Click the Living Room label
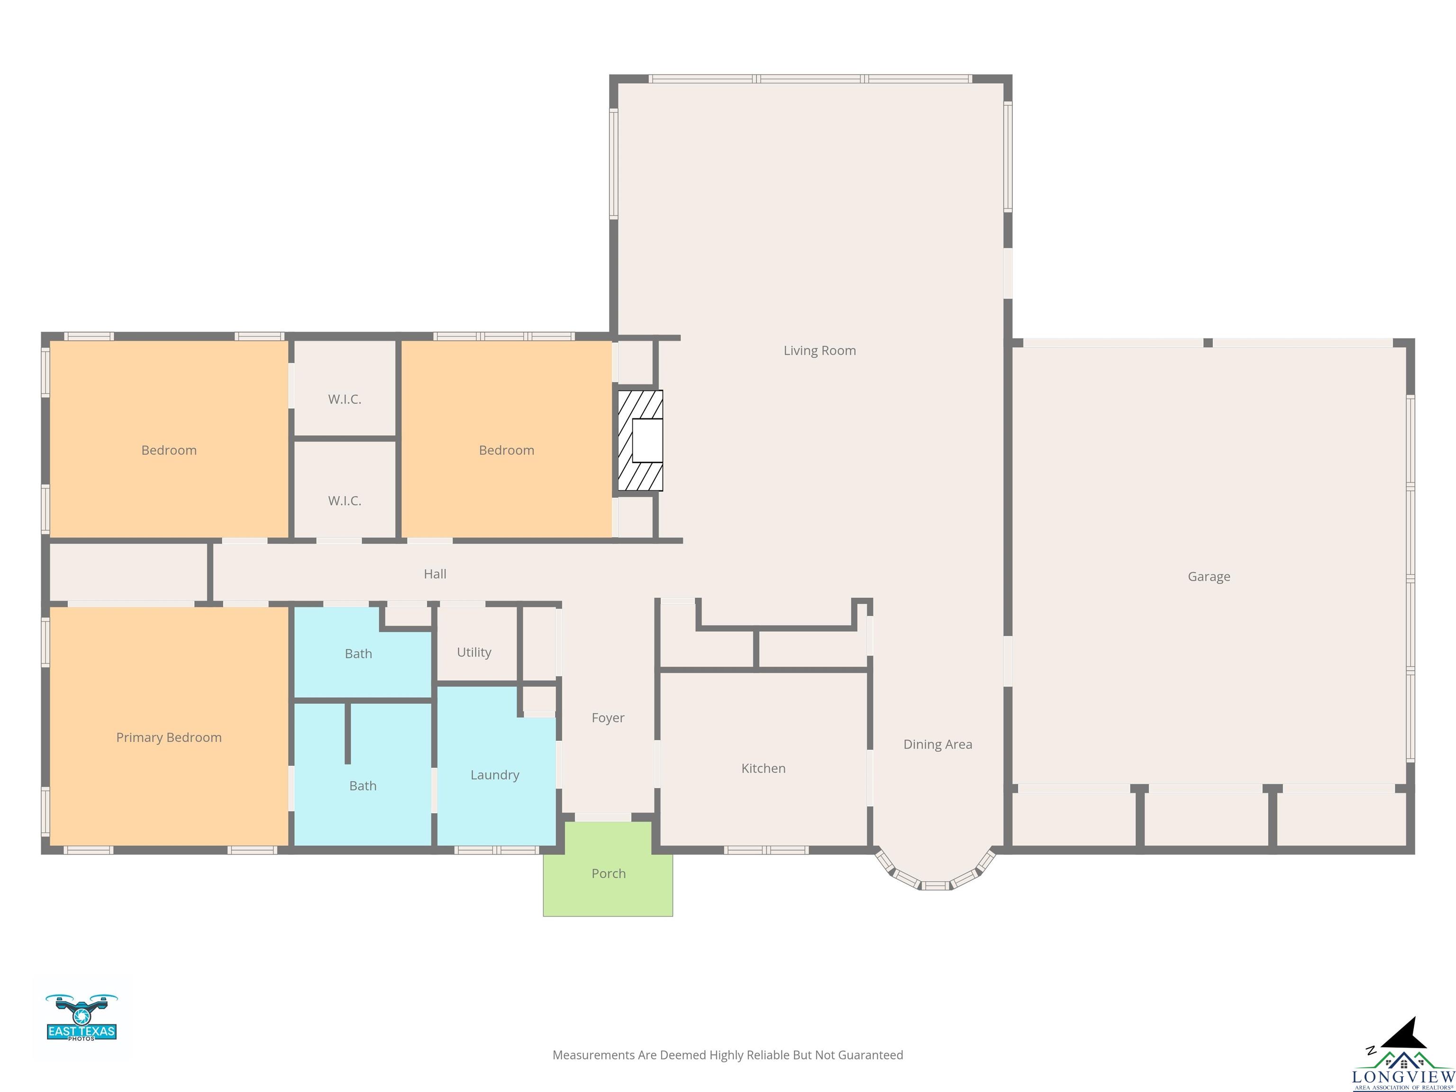coord(819,351)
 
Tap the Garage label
coord(1209,577)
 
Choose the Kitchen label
coord(763,768)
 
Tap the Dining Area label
coord(937,745)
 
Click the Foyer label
coord(608,718)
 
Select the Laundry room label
coord(494,775)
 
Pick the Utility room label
coord(474,652)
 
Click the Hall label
coord(435,574)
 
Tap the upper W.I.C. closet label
coord(344,400)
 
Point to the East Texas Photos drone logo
coord(82,1017)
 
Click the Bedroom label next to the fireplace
coord(506,450)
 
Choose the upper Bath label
coord(358,654)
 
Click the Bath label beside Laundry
coord(363,786)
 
